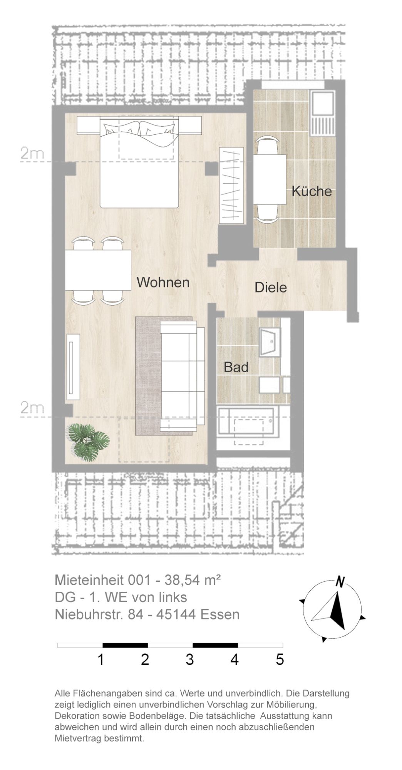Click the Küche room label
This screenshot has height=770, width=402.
coord(312,191)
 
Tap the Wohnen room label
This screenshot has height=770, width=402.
coord(163,282)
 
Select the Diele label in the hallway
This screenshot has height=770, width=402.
coord(271,287)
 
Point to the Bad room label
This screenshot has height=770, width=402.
coord(236,367)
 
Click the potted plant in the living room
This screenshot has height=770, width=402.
coord(88,442)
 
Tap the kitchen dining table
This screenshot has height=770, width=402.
coord(270,180)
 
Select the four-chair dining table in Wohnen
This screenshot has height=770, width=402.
coord(98,270)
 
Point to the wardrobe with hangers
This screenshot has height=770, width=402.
coord(231,185)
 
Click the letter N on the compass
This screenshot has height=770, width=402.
coord(340,582)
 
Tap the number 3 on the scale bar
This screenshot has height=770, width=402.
coord(189,660)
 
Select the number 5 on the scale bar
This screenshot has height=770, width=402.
coord(280,660)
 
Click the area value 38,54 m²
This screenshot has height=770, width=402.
coord(193,580)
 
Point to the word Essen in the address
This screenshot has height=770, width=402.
coord(220,614)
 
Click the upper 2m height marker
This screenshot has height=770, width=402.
coord(32,154)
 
